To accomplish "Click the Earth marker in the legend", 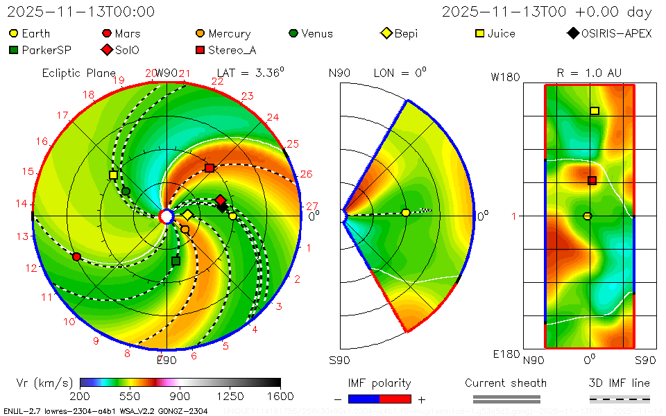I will coord(14,33).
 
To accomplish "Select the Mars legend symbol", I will coord(107,33).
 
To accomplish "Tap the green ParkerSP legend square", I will coord(14,50).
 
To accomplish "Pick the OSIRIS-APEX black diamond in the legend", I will coord(573,33).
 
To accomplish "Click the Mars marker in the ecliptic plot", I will coord(76,257).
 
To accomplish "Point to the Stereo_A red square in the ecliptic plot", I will coord(210,168).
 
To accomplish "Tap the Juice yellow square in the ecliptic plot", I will coord(113,175).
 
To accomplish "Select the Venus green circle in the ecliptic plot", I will coord(126,191).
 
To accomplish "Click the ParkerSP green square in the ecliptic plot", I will coord(176,261).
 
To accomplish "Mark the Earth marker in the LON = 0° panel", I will coord(406,213).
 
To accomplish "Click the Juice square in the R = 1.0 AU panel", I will coord(595,111).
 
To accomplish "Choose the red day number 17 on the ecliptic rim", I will coord(62,115).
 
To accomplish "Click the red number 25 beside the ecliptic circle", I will coord(292,144).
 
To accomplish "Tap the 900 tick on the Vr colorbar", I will coord(180,397).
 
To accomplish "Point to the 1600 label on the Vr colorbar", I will coord(280,397).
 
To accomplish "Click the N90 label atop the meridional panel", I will coord(339,73).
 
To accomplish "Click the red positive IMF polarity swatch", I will coord(395,399).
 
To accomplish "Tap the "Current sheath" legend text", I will coord(506,383).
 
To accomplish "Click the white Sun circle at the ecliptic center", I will coord(166,216).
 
